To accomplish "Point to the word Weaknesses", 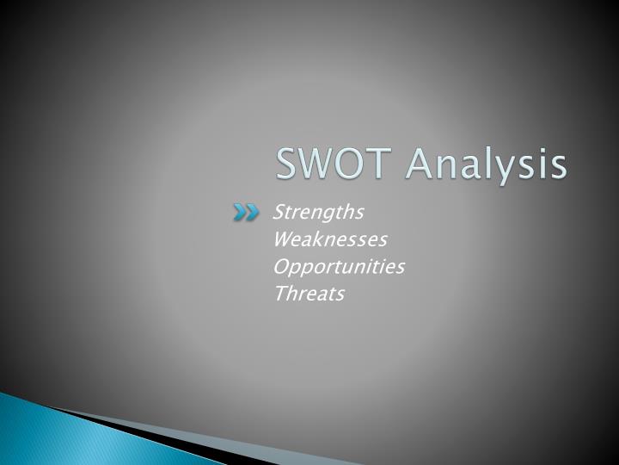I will pyautogui.click(x=330, y=239).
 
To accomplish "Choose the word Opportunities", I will pyautogui.click(x=339, y=267).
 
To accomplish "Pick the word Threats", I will pyautogui.click(x=309, y=294).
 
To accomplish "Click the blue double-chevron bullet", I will pyautogui.click(x=245, y=213).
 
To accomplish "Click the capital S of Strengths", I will pyautogui.click(x=279, y=212).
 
